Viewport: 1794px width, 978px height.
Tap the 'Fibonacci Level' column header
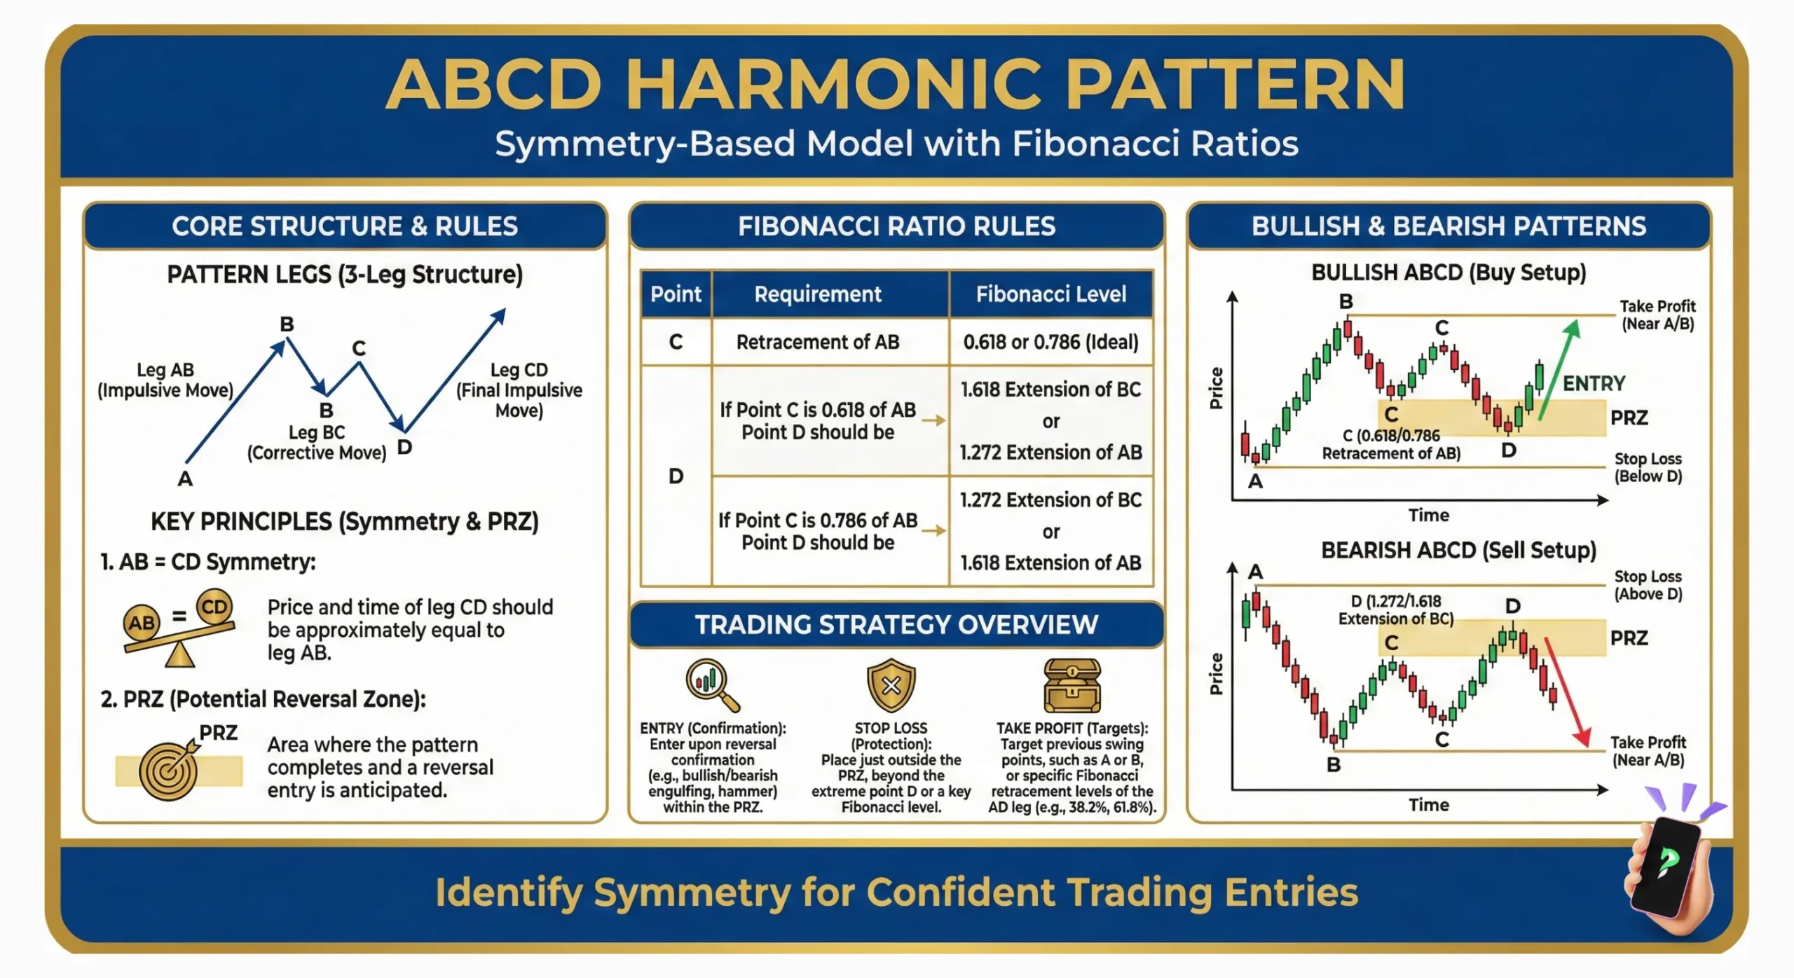(x=1050, y=294)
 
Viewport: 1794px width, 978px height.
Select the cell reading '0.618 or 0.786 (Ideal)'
(x=1050, y=342)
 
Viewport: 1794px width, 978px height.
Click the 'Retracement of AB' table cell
(x=817, y=342)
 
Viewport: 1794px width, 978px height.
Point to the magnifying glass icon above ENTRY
(x=711, y=684)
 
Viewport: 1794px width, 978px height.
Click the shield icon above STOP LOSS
(x=891, y=684)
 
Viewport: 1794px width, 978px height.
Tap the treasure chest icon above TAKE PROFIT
(x=1071, y=684)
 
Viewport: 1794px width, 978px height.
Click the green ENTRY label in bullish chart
(x=1594, y=383)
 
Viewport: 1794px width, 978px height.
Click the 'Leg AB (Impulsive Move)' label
(x=165, y=380)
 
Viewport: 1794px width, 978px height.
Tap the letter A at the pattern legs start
(x=184, y=478)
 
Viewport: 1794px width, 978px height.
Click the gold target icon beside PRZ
(x=168, y=771)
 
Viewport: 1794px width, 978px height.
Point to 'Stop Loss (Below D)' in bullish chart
(x=1648, y=467)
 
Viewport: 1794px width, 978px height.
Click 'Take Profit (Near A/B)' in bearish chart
(x=1648, y=751)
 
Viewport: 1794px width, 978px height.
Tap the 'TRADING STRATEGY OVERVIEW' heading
(x=896, y=624)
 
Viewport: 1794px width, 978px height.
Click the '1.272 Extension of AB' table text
(x=1050, y=453)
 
